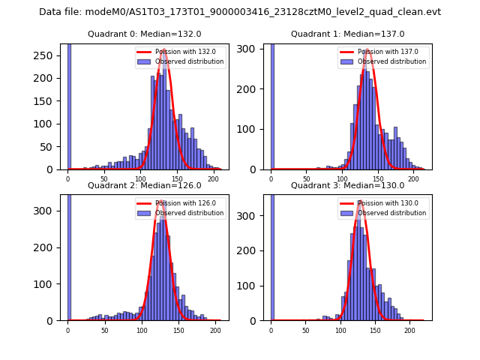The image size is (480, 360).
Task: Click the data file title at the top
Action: (x=240, y=12)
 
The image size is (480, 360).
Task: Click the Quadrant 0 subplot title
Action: (x=144, y=34)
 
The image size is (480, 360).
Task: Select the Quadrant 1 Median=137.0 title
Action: (x=347, y=34)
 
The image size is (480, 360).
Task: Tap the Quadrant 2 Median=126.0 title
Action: (x=144, y=185)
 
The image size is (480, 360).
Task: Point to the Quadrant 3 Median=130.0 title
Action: (x=347, y=185)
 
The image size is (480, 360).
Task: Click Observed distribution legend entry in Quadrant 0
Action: (x=193, y=61)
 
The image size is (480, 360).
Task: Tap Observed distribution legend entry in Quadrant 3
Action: (x=396, y=213)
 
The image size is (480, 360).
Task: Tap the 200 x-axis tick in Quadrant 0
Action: (x=213, y=179)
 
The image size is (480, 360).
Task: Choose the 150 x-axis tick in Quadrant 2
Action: (x=178, y=330)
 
